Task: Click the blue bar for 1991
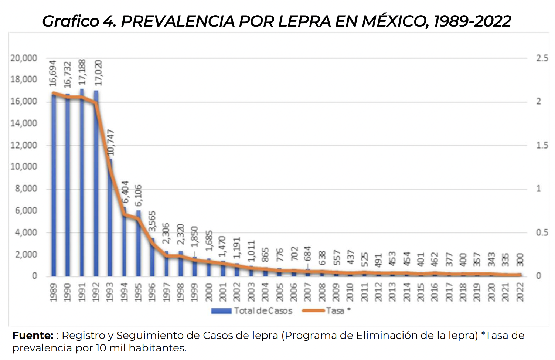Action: [x=82, y=185]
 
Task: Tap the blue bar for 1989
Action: [x=54, y=185]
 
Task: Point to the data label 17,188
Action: [x=82, y=72]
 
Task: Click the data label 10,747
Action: [x=110, y=143]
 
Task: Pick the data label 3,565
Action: [x=152, y=221]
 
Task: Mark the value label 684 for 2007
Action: [x=308, y=254]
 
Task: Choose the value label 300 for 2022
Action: [x=520, y=259]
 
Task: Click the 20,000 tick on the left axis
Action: [x=24, y=58]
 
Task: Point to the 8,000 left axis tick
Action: [x=26, y=189]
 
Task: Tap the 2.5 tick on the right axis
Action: [x=542, y=58]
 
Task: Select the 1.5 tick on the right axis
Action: [x=542, y=145]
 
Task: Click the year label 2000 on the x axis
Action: [x=209, y=292]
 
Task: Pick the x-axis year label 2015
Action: [x=421, y=292]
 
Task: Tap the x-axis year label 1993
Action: [x=110, y=292]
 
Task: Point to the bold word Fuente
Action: [x=33, y=336]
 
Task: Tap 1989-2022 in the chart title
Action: [x=472, y=21]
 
